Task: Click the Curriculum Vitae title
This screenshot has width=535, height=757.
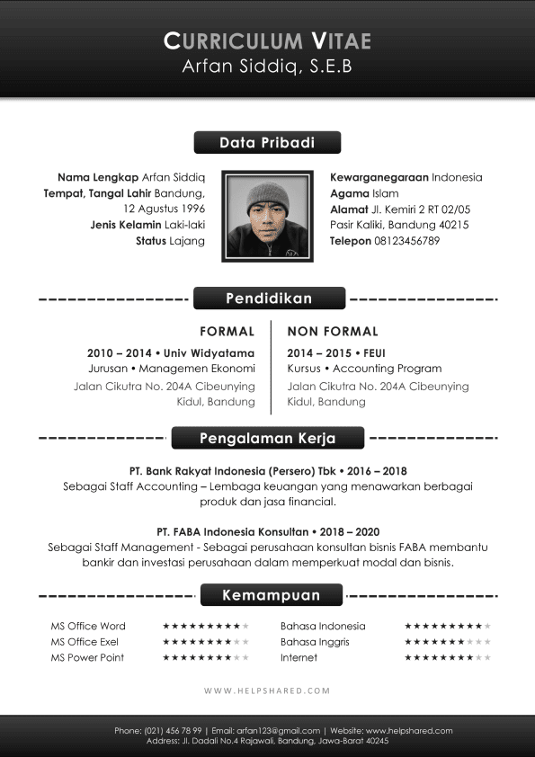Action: pyautogui.click(x=267, y=40)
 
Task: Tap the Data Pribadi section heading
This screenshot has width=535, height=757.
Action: pyautogui.click(x=267, y=143)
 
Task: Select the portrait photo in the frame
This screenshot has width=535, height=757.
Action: pyautogui.click(x=267, y=216)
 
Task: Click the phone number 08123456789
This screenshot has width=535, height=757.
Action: pyautogui.click(x=407, y=241)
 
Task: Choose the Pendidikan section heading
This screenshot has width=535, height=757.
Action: pyautogui.click(x=269, y=298)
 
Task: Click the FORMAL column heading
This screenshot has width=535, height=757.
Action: pyautogui.click(x=227, y=332)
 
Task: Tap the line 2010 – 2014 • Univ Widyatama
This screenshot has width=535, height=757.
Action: pyautogui.click(x=171, y=353)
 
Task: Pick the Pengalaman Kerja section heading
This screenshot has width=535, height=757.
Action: pyautogui.click(x=268, y=439)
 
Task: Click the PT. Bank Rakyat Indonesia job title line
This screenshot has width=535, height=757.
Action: pyautogui.click(x=267, y=470)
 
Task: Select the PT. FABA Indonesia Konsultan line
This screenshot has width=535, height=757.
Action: pyautogui.click(x=267, y=531)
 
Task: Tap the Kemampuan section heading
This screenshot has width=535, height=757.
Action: pyautogui.click(x=271, y=595)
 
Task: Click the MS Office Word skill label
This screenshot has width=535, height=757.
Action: pyautogui.click(x=88, y=626)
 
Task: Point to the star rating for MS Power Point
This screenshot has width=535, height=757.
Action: pyautogui.click(x=205, y=658)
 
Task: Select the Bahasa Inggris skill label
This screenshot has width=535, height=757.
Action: pyautogui.click(x=315, y=642)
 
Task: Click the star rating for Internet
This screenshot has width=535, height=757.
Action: pyautogui.click(x=447, y=658)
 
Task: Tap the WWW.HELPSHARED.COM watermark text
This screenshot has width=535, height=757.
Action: pyautogui.click(x=267, y=691)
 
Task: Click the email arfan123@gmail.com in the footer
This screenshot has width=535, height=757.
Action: pyautogui.click(x=279, y=731)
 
